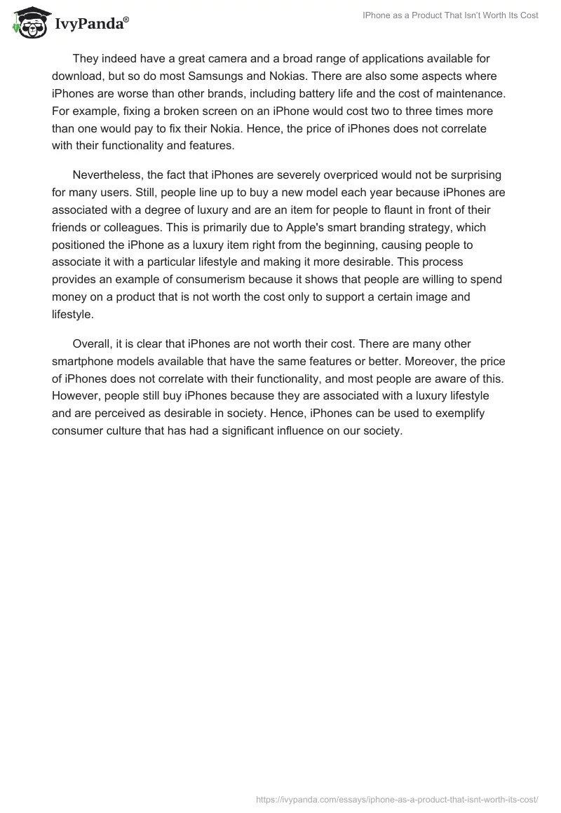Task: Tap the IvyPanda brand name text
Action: [91, 24]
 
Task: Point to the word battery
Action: [370, 93]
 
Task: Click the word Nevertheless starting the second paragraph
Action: [107, 175]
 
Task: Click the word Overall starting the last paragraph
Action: [93, 344]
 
